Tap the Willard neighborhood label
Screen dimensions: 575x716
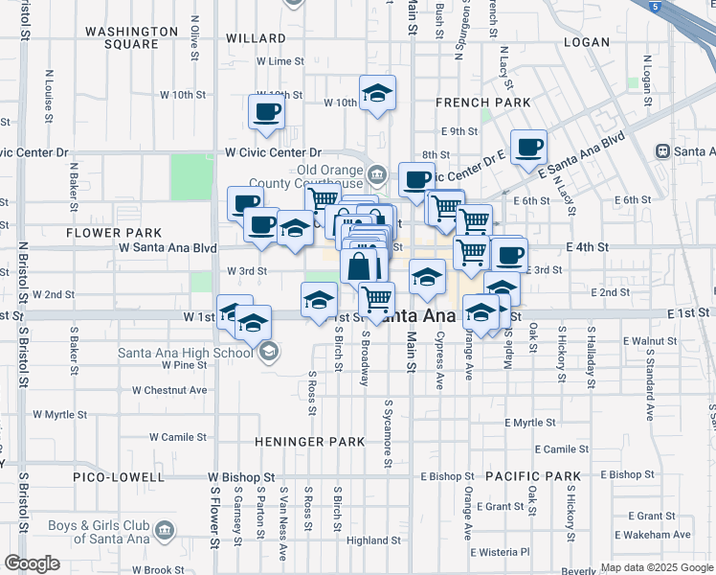[256, 38]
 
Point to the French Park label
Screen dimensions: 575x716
[469, 102]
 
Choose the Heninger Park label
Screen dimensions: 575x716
[309, 442]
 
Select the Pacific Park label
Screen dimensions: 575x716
[532, 476]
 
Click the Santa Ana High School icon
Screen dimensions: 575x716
[268, 353]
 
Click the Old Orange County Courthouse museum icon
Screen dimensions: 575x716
[376, 174]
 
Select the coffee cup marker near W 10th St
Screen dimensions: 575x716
[265, 111]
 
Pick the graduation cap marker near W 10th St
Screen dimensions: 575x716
[377, 94]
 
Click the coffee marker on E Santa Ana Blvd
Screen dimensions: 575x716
[527, 148]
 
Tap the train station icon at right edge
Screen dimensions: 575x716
[661, 151]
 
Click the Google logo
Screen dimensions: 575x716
[32, 563]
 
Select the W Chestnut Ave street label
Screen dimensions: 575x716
[169, 390]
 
